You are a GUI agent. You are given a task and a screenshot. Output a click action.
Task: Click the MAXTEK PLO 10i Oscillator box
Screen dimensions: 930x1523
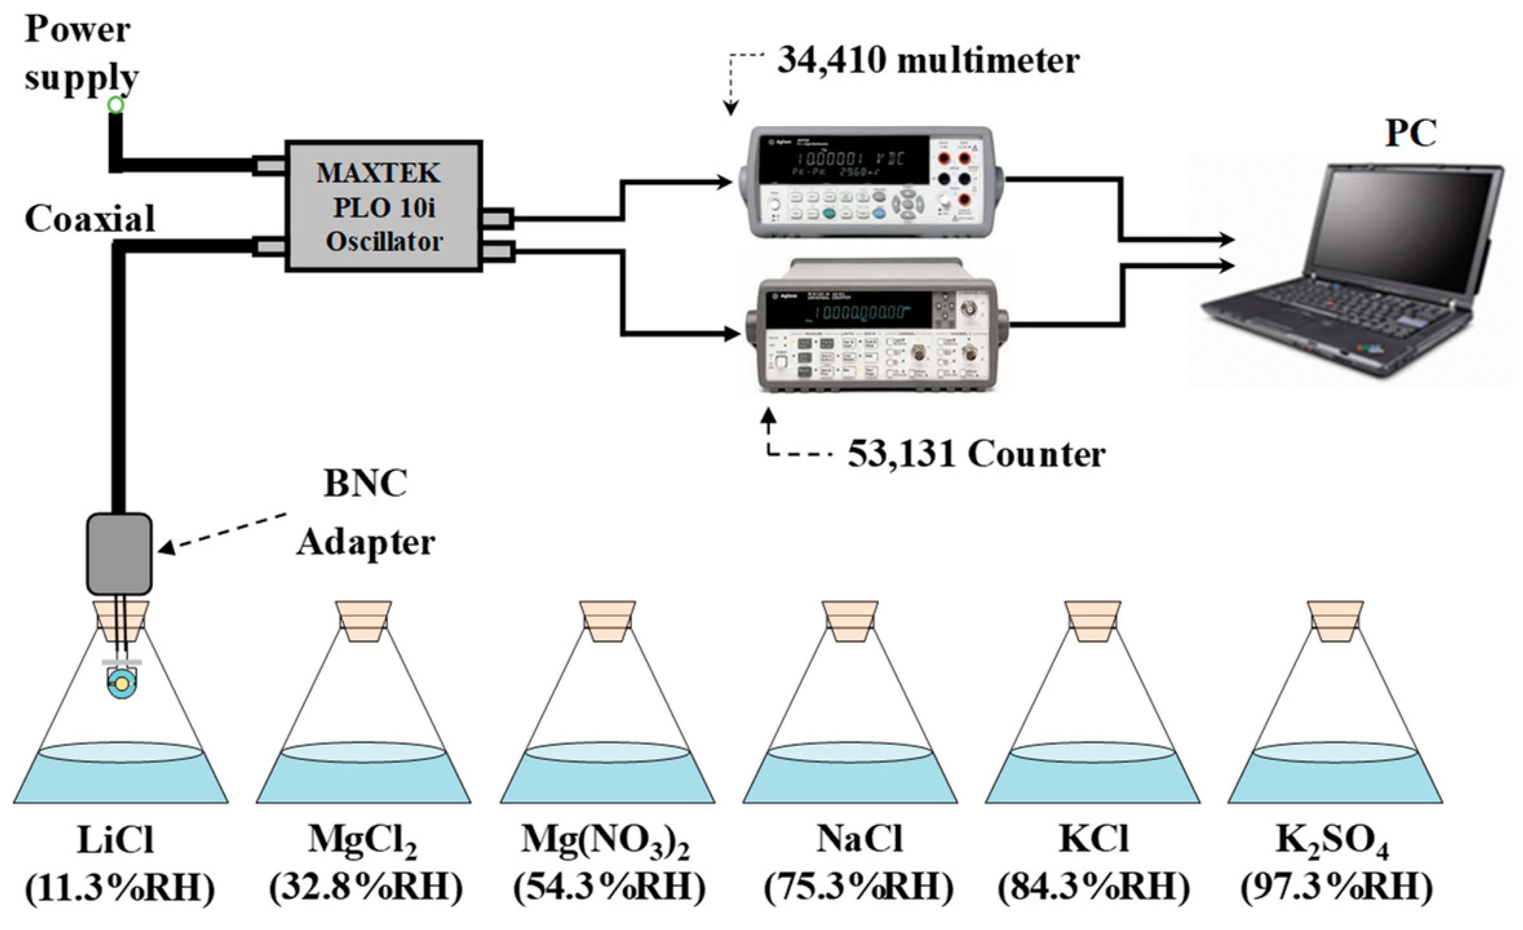point(384,205)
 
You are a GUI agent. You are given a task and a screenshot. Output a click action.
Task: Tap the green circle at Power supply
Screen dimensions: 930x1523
point(116,105)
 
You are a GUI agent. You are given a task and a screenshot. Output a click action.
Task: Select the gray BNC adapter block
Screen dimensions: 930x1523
point(119,553)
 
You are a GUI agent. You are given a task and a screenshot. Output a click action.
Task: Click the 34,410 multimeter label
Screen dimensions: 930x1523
point(927,61)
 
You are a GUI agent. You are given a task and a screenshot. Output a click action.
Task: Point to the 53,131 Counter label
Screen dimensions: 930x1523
point(975,455)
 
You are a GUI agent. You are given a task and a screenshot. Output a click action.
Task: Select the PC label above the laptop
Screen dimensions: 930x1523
point(1410,134)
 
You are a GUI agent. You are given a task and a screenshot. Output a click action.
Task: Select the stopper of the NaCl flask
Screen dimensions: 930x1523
point(850,621)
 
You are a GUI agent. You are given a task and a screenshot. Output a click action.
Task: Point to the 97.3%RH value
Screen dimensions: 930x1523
point(1335,888)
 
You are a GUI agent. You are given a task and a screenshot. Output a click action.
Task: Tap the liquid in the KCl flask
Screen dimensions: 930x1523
point(1092,781)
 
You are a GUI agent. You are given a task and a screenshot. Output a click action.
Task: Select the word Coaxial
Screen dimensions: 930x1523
point(90,218)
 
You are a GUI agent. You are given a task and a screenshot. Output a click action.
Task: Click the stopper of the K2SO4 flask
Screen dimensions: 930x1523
point(1335,621)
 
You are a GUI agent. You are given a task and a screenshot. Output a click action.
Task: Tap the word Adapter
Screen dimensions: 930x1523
point(366,542)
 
